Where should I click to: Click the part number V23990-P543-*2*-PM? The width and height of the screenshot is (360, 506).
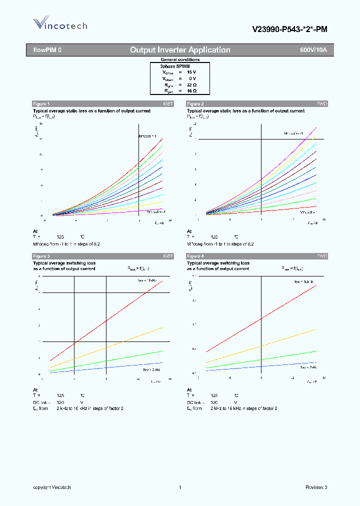pyautogui.click(x=289, y=29)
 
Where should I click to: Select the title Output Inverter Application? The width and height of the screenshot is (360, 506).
pyautogui.click(x=180, y=50)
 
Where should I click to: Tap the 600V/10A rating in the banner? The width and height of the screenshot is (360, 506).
pyautogui.click(x=313, y=50)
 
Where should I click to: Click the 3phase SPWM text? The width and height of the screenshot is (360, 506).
pyautogui.click(x=175, y=66)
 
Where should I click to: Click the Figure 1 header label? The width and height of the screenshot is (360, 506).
pyautogui.click(x=41, y=103)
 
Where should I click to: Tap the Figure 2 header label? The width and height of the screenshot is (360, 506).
pyautogui.click(x=195, y=103)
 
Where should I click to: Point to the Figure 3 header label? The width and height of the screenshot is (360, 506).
pyautogui.click(x=41, y=256)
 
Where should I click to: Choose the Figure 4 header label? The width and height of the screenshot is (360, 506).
pyautogui.click(x=195, y=256)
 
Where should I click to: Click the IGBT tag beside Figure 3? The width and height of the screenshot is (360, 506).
pyautogui.click(x=168, y=256)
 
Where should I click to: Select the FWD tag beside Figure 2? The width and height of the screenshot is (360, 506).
pyautogui.click(x=322, y=103)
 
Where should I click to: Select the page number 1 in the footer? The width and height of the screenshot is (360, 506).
pyautogui.click(x=179, y=487)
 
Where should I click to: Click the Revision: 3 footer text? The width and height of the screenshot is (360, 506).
pyautogui.click(x=316, y=487)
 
